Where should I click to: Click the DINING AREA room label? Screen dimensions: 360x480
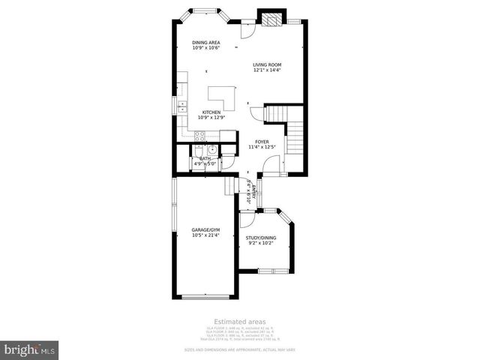pos(205,43)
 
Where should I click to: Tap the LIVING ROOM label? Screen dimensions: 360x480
pos(266,65)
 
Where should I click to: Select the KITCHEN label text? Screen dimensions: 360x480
pos(210,112)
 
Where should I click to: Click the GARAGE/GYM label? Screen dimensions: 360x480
pos(205,230)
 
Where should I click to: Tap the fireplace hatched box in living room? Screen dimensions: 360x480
pos(268,17)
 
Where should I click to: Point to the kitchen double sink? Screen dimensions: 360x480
pos(182,106)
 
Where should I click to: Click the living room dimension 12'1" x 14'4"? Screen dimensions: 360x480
pos(266,71)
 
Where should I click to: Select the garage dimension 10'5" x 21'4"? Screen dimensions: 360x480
pos(205,236)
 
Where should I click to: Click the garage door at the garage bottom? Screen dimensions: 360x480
pos(205,297)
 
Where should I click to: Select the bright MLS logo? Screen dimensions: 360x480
pos(30,349)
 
